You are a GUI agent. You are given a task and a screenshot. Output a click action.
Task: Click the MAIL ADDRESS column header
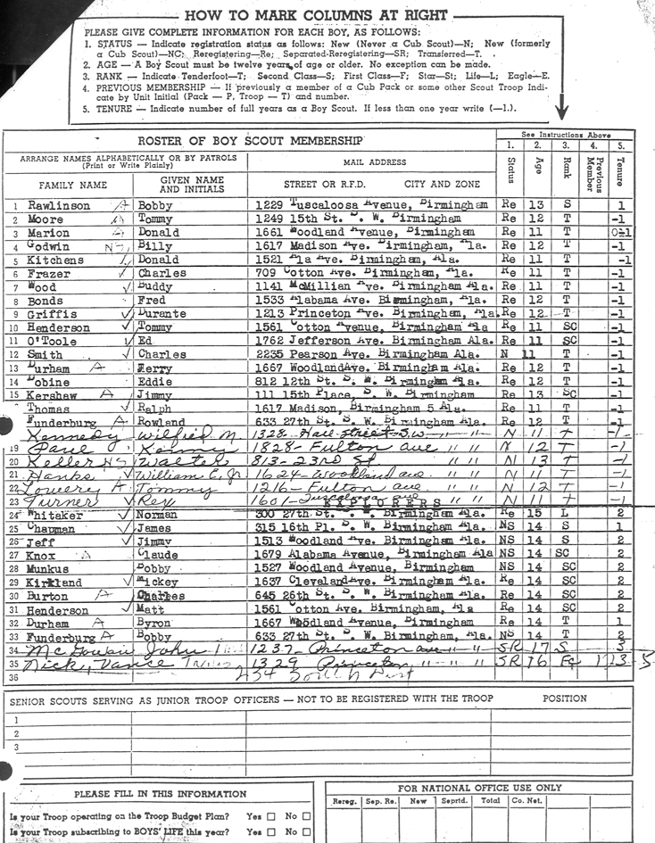coord(370,163)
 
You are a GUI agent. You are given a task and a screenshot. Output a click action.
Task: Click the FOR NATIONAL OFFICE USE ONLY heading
coord(479,788)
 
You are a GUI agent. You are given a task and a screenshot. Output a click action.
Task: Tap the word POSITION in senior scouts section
coord(564,698)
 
